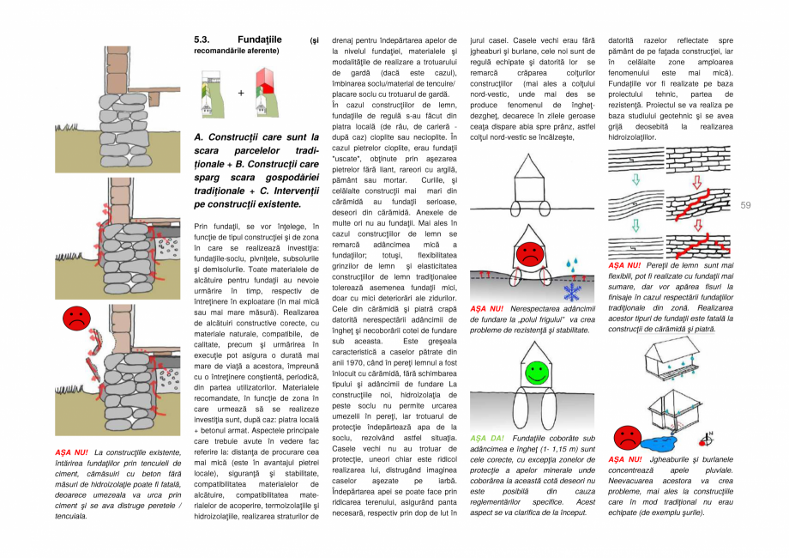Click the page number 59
click(744, 204)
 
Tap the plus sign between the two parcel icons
click(240, 92)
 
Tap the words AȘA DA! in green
click(486, 439)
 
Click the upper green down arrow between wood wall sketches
click(635, 180)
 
